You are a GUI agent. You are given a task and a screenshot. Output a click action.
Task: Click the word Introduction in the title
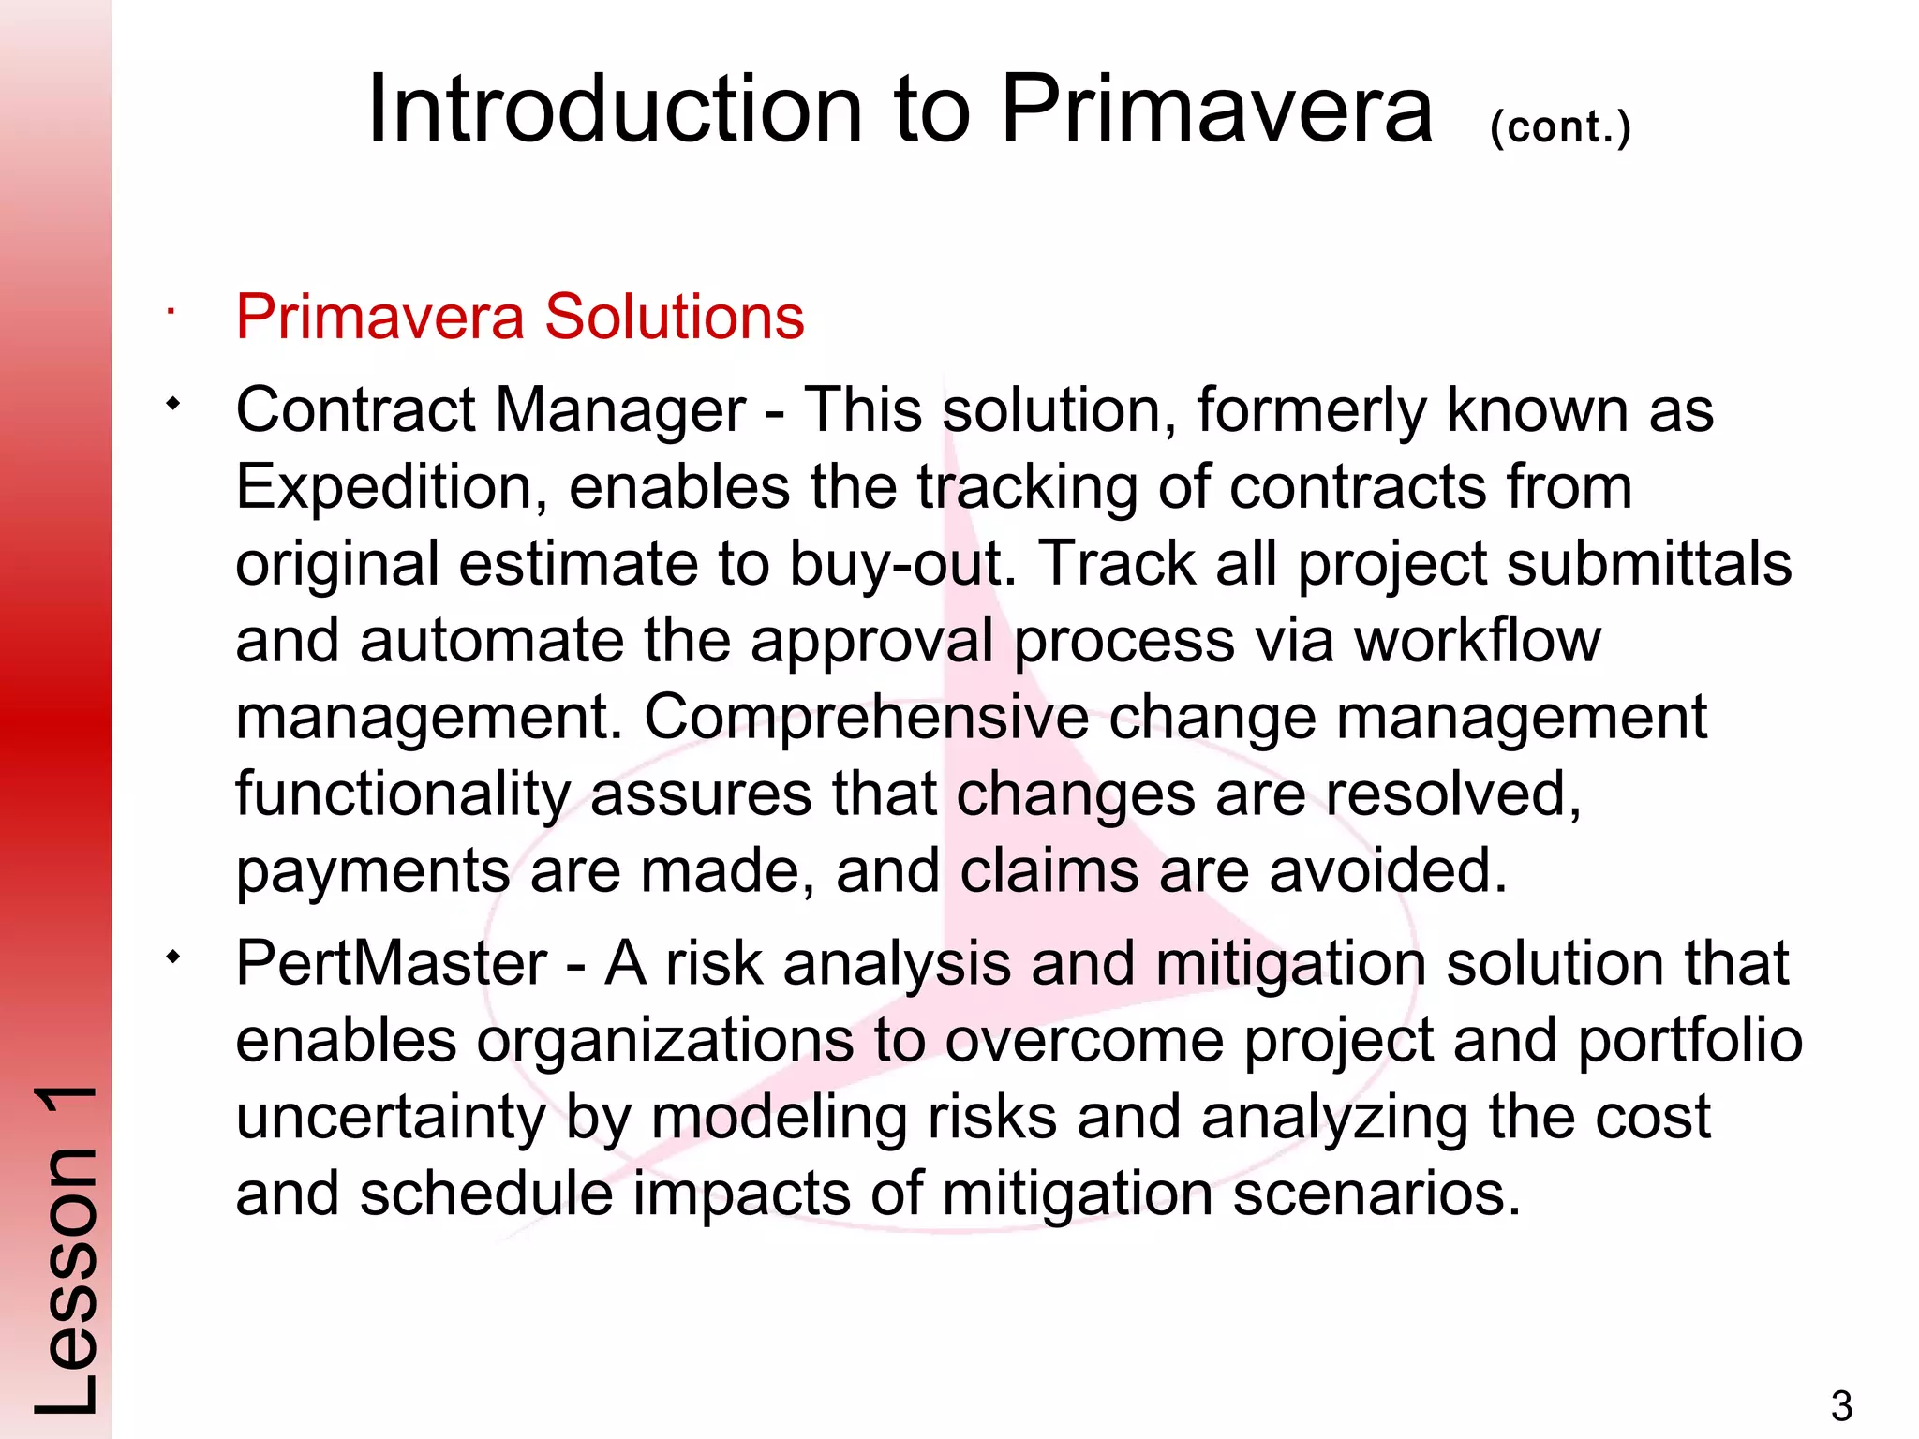[x=615, y=111]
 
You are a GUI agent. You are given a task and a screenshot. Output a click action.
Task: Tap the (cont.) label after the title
[x=1560, y=127]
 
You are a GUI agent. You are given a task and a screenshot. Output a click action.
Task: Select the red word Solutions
[x=674, y=317]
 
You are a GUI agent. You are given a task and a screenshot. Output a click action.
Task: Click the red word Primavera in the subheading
[x=379, y=317]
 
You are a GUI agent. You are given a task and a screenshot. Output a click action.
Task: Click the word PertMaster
[x=391, y=963]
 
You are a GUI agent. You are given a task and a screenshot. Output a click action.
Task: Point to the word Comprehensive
[x=866, y=718]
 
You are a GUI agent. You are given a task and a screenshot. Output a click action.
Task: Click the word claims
[x=1049, y=871]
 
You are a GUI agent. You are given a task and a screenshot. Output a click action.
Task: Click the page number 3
[x=1841, y=1406]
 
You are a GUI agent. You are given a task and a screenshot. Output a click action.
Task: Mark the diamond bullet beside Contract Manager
[x=171, y=405]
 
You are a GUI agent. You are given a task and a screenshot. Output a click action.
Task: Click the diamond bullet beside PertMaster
[x=171, y=957]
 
